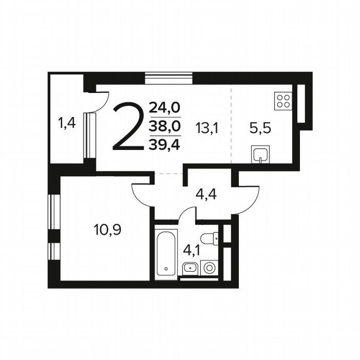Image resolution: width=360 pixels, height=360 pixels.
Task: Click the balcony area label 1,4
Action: point(67,123)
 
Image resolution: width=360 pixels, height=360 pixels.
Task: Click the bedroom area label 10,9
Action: point(107,230)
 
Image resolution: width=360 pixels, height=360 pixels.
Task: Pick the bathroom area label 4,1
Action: point(192,251)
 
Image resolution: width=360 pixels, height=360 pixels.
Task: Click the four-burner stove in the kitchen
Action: point(283,101)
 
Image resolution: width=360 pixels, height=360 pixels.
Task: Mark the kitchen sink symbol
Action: point(261,155)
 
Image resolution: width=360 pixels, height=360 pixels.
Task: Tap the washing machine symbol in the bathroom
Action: point(209,268)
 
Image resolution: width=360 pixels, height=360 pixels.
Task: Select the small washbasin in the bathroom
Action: point(190,267)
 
